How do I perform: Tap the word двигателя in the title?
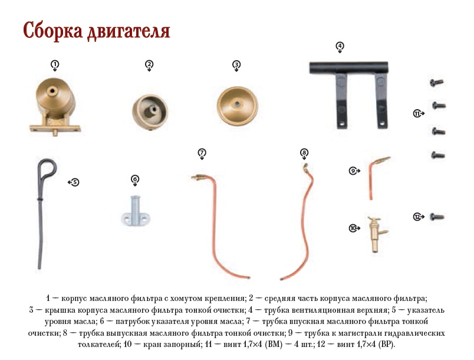coord(129,31)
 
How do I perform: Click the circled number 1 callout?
coord(55,64)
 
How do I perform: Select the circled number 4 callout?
coord(340,46)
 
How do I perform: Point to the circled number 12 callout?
coord(417,217)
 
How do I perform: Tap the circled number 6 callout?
coord(135,179)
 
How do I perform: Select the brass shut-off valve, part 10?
coord(377,234)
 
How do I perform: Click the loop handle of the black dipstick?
coord(47,169)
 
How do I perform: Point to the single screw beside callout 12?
coord(437,217)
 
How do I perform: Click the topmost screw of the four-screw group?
coord(437,82)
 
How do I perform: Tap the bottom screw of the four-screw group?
coord(438,155)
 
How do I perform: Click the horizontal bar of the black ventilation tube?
coord(348,68)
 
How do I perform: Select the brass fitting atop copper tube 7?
coord(199,178)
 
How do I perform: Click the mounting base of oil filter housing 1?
coord(55,127)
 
